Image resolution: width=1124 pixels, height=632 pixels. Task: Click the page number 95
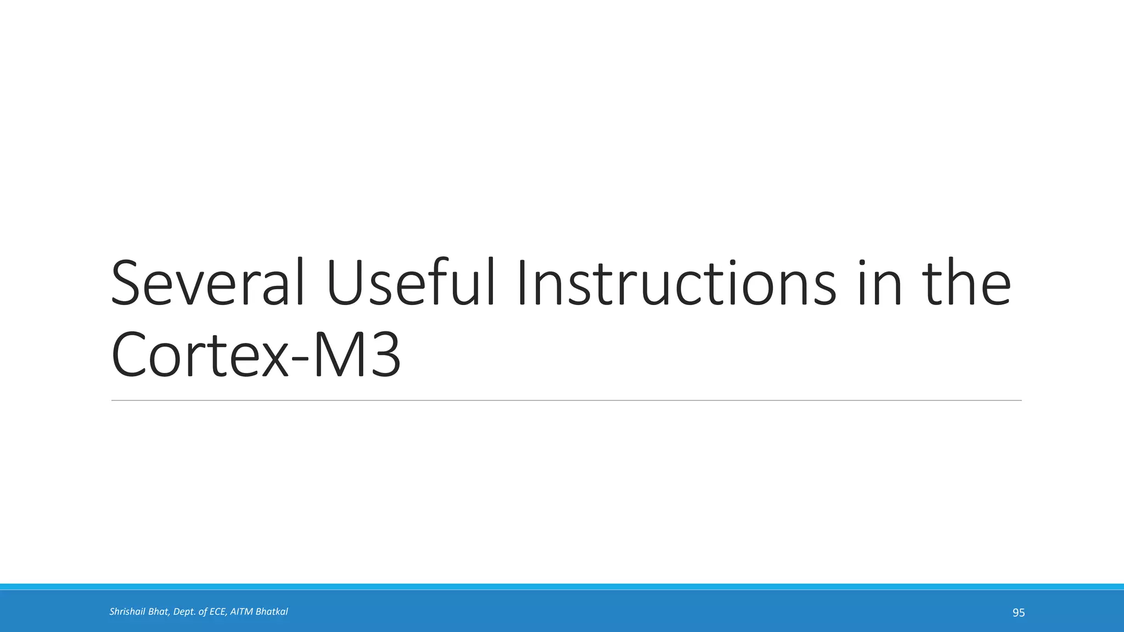pyautogui.click(x=1019, y=613)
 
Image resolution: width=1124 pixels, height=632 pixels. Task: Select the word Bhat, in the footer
pyautogui.click(x=160, y=612)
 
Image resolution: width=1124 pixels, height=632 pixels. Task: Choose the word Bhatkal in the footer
pyautogui.click(x=272, y=612)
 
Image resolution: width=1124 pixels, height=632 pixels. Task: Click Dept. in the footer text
pyautogui.click(x=184, y=612)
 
